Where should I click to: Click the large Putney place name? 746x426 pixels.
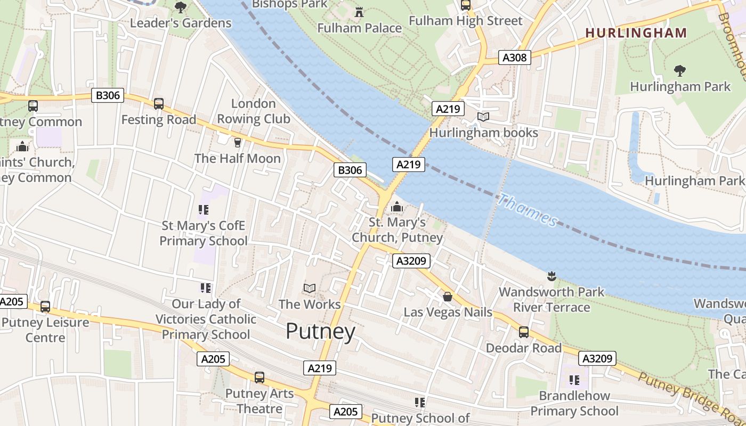(x=320, y=331)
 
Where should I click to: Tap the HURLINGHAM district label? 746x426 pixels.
(x=636, y=32)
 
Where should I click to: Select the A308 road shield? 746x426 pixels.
(x=514, y=58)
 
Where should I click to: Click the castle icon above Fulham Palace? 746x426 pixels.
(x=359, y=12)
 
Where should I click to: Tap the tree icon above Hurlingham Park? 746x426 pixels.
(x=679, y=70)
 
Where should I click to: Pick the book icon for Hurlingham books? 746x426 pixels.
(x=483, y=117)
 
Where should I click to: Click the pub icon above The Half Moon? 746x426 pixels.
(x=238, y=142)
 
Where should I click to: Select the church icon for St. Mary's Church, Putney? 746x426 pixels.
(x=397, y=207)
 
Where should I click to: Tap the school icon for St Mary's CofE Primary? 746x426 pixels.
(x=204, y=210)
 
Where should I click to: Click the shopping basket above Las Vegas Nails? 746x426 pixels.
(x=448, y=296)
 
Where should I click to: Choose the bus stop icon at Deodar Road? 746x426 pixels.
(x=524, y=332)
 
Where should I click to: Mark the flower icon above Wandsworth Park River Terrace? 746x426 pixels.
(x=552, y=276)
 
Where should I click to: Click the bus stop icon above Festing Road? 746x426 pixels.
(x=158, y=104)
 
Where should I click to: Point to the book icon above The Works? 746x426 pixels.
(x=310, y=288)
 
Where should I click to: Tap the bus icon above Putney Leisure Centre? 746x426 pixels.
(x=45, y=307)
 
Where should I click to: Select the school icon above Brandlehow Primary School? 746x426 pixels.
(x=574, y=380)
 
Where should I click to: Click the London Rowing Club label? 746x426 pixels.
(x=254, y=111)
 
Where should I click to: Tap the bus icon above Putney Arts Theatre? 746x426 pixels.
(x=260, y=378)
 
